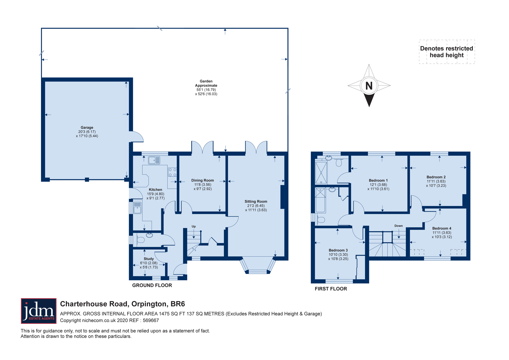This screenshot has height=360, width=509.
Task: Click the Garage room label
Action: [87, 128]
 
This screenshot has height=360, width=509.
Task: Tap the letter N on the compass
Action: [369, 86]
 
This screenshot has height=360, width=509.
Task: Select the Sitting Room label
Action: [256, 201]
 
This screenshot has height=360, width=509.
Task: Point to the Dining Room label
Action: [203, 180]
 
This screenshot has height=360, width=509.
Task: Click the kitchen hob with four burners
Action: [172, 172]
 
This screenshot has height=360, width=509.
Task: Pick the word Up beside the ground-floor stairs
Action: [194, 226]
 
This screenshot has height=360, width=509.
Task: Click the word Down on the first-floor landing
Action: [399, 226]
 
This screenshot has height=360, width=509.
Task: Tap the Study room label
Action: [149, 259]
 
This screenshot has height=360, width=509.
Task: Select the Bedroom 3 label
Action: [338, 250]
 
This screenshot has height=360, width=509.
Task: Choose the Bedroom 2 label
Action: [436, 177]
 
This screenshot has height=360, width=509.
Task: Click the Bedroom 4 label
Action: [442, 228]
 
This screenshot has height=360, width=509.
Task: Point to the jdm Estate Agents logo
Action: [39, 311]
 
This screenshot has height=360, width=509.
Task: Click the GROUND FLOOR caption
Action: [152, 285]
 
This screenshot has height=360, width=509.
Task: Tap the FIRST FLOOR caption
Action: [331, 289]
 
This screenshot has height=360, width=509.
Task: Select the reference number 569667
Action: [151, 321]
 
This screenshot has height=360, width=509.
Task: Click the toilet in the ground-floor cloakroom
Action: [139, 240]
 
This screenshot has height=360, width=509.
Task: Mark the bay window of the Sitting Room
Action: [258, 266]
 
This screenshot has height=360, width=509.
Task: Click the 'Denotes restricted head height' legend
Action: [447, 52]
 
